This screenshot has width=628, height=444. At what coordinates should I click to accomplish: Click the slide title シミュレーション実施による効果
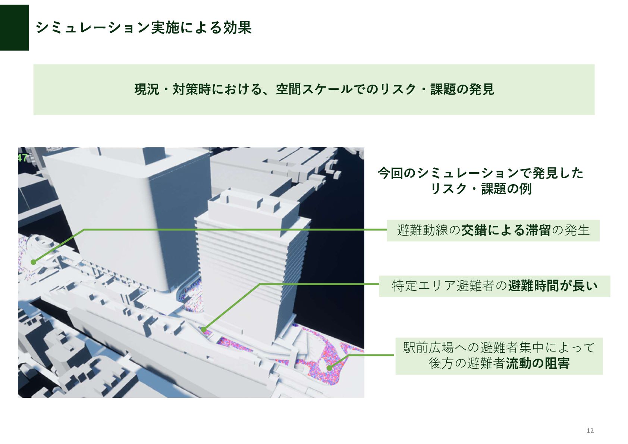[x=144, y=28]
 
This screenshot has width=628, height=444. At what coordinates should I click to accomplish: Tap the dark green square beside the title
[x=14, y=28]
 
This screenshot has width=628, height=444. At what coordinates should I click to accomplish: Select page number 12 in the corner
[x=590, y=431]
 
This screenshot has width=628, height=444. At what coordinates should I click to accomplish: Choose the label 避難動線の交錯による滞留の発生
[x=493, y=230]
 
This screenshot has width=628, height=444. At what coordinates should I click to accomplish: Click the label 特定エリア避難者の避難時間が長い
[x=494, y=286]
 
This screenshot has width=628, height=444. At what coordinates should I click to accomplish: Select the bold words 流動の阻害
[x=538, y=363]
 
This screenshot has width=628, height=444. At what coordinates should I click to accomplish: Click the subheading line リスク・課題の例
[x=481, y=189]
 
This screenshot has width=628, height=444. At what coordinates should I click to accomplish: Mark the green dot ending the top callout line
[x=34, y=262]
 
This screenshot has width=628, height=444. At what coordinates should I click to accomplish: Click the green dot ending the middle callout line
[x=204, y=330]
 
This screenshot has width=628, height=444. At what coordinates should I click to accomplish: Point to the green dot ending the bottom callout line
[x=329, y=368]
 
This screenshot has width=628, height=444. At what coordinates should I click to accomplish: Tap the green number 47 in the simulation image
[x=22, y=157]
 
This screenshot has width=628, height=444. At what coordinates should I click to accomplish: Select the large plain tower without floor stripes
[x=127, y=216]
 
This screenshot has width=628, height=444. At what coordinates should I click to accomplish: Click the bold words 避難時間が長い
[x=553, y=286]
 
